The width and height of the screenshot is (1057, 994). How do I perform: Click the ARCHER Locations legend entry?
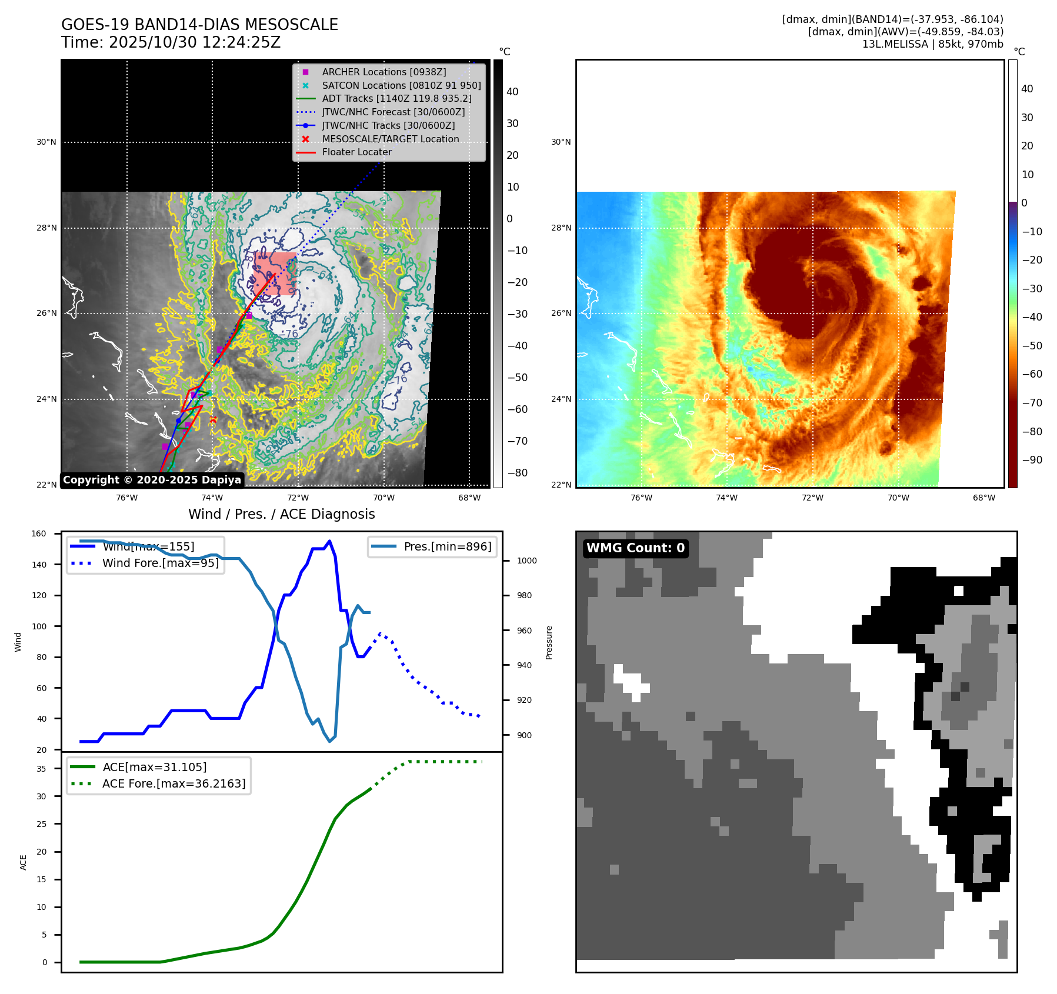[x=384, y=72]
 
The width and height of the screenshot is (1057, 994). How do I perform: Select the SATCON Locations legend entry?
[x=401, y=85]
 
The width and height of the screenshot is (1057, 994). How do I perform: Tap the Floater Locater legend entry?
[x=356, y=152]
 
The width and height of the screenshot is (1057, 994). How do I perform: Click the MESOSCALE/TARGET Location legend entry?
[x=390, y=139]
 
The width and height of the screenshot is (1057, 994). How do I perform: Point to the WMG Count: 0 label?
[x=635, y=548]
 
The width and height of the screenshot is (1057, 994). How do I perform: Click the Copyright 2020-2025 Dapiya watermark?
[x=152, y=480]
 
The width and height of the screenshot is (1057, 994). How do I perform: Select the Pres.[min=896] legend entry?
[x=447, y=546]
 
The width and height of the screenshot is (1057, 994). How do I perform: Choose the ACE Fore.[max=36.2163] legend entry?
[x=174, y=783]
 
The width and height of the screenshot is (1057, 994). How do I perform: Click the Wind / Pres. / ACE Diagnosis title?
[x=281, y=514]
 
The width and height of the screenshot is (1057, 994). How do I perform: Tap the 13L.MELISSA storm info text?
[x=932, y=44]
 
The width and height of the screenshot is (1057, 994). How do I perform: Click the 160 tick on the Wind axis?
[x=39, y=534]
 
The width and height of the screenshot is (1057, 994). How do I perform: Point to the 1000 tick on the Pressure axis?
[x=526, y=561]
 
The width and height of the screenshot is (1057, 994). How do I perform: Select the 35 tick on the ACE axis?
[x=41, y=769]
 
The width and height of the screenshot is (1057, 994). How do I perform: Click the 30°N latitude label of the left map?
[x=46, y=142]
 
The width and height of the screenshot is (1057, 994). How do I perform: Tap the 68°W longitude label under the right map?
[x=983, y=498]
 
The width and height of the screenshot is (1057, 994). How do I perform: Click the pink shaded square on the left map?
[x=275, y=273]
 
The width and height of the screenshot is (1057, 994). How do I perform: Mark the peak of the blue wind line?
[x=329, y=541]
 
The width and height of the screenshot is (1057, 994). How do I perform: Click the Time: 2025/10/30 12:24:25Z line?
[x=171, y=42]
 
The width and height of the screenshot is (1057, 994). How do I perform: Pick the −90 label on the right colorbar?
[x=1032, y=460]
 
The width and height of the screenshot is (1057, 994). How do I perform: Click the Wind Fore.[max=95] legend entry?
[x=160, y=563]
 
